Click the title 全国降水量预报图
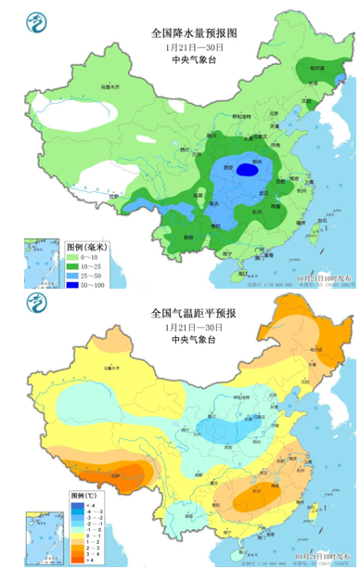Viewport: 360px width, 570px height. [194, 32]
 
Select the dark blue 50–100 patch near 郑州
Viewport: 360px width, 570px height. [245, 170]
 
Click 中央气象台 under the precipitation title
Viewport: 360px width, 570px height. [194, 59]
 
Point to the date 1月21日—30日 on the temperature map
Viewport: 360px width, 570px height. [194, 329]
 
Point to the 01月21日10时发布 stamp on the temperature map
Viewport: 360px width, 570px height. [320, 556]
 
